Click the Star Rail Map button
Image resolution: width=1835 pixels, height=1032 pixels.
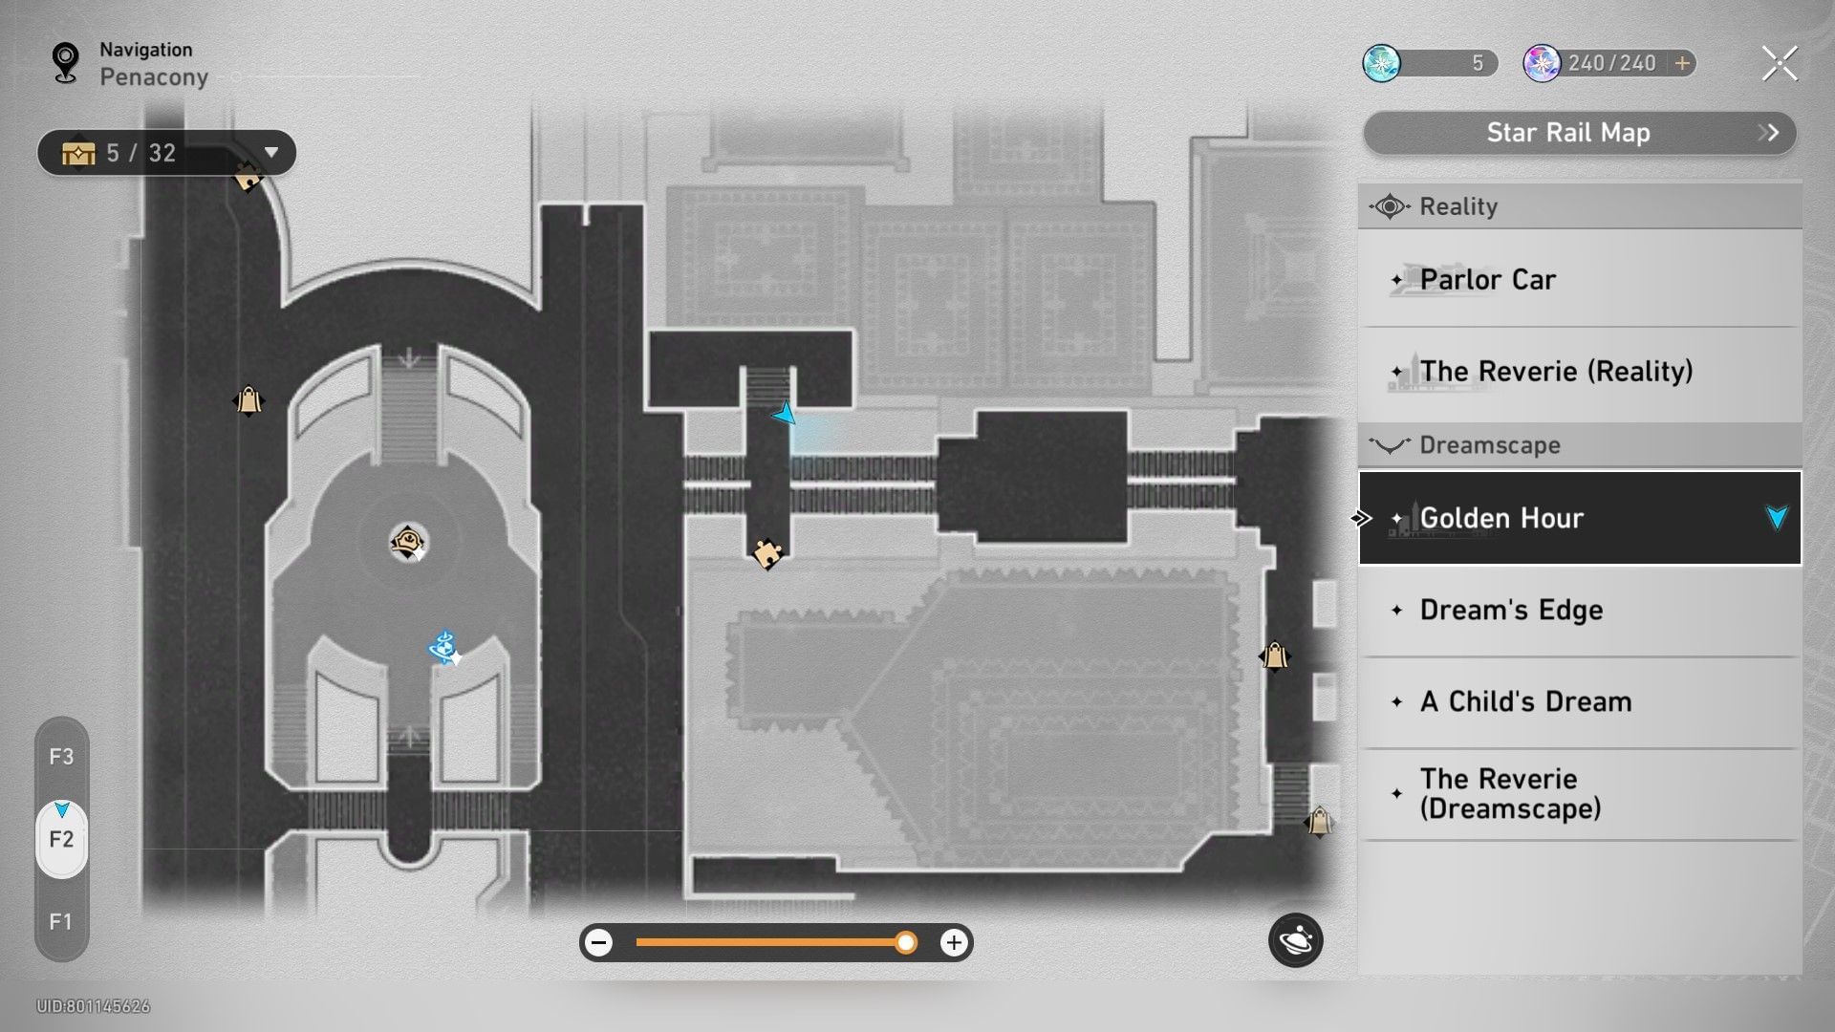tap(1579, 133)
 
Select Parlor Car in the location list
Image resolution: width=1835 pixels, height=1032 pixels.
tap(1580, 280)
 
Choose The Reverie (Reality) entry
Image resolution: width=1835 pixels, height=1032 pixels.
tap(1580, 372)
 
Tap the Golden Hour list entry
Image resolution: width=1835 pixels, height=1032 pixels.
tap(1580, 518)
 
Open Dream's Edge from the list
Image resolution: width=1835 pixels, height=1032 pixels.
tap(1580, 611)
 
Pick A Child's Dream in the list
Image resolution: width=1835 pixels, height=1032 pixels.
tap(1580, 702)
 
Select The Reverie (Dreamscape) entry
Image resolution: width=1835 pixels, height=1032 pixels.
tap(1580, 794)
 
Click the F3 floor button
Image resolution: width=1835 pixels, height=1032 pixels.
tap(61, 758)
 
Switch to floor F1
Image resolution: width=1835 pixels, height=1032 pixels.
tap(61, 922)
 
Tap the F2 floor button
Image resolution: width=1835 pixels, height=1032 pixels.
tap(61, 840)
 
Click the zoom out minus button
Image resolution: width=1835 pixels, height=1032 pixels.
tap(599, 943)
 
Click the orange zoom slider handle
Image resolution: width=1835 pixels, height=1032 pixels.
tap(905, 943)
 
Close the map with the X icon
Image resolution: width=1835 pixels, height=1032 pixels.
tap(1779, 64)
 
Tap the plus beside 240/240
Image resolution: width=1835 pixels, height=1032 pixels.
tap(1682, 64)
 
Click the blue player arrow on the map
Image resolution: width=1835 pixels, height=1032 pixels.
tap(785, 414)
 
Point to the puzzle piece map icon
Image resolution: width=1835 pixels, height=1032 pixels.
tap(767, 553)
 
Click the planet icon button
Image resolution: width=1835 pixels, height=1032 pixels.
tap(1295, 941)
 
